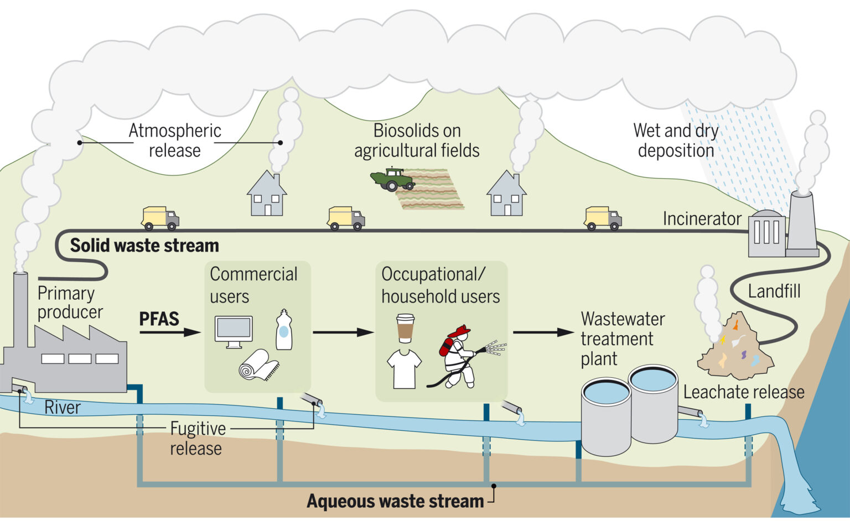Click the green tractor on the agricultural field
pos(392,180)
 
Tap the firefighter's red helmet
pos(459,332)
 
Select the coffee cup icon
pos(405,329)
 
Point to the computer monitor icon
pos(234,331)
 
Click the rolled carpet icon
pos(258,366)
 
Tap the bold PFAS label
pos(159,319)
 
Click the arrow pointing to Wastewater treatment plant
pos(543,332)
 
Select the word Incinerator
pos(702,219)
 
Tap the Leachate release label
pos(743,392)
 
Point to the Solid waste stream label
pos(144,245)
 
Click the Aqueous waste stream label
pos(395,501)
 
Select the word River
pos(63,408)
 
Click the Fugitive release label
pos(197,438)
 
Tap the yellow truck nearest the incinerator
pos(602,218)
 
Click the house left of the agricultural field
pos(267,195)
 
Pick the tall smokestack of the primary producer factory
pos(20,310)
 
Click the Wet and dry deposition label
pos(676,140)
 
